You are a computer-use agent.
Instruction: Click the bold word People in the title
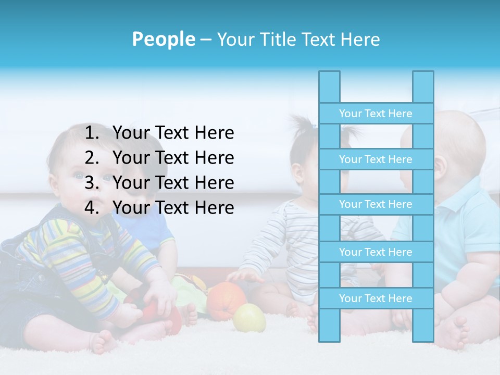point(164,39)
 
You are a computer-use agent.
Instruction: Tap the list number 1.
point(92,133)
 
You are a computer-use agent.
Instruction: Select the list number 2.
point(92,158)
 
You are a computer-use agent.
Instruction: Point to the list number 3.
point(92,183)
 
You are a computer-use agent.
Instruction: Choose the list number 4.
point(92,208)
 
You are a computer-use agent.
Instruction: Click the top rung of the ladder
point(376,114)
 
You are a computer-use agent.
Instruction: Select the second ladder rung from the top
point(376,159)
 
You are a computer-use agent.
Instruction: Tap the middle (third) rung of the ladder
point(376,204)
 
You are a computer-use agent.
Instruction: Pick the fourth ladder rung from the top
point(376,252)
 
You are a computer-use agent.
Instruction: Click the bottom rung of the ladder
point(376,298)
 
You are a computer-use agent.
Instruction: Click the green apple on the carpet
point(249,318)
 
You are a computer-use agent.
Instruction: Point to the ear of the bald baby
point(440,165)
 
